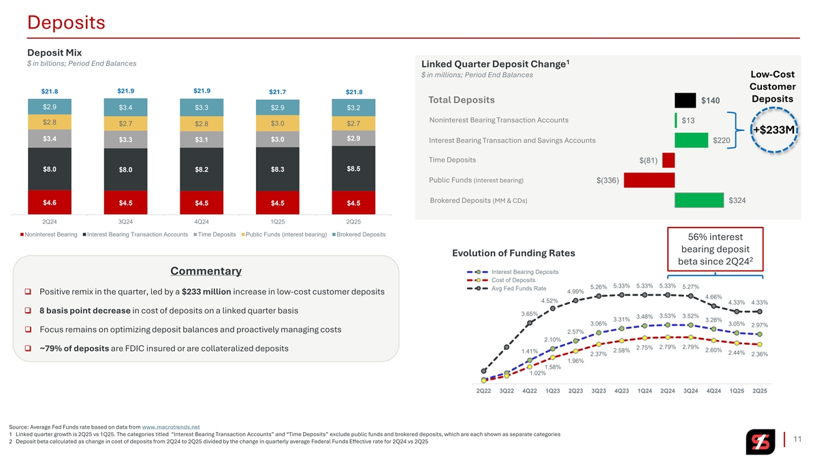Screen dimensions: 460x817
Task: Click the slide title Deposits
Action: pos(66,22)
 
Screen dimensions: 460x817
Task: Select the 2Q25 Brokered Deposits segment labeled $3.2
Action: pos(353,107)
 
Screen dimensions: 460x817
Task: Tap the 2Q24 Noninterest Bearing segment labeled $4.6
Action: pos(50,202)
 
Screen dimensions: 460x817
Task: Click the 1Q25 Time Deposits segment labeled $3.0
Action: pos(277,140)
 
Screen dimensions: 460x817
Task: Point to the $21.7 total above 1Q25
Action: pos(277,91)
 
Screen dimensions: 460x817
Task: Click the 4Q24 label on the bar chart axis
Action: pos(202,221)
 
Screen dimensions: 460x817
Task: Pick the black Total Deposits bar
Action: pos(685,100)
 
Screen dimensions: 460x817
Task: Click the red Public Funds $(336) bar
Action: pos(649,180)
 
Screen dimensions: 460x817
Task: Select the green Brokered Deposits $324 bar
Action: pos(699,200)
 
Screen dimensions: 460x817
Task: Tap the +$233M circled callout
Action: pos(775,130)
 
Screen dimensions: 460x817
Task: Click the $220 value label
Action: pos(721,140)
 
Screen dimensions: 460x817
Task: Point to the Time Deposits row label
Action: pos(453,160)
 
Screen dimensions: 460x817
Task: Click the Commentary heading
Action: pos(206,271)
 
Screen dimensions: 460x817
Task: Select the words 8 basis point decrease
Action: pos(83,311)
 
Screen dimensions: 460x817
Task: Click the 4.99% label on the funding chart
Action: pos(576,292)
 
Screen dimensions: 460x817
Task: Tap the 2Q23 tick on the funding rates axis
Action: pos(575,390)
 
